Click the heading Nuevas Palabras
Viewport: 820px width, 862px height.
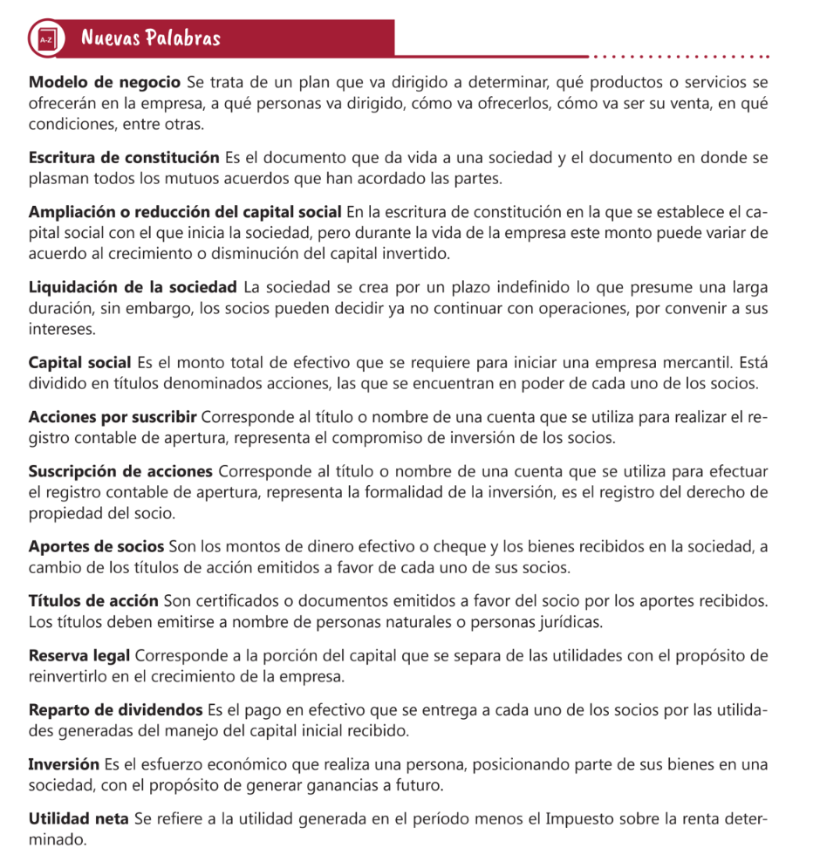[x=150, y=38]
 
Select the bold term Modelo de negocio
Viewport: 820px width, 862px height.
[x=104, y=84]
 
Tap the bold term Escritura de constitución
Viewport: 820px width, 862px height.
[x=124, y=158]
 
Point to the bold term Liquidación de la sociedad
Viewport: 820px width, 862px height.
[x=133, y=287]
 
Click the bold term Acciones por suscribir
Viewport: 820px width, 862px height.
[x=113, y=416]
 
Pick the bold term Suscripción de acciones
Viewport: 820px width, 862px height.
[x=120, y=472]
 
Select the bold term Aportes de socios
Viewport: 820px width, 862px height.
[x=96, y=547]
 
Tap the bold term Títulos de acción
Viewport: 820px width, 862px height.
[x=93, y=602]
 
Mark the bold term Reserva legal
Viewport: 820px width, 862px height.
[x=79, y=656]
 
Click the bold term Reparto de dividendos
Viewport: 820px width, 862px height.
[x=115, y=709]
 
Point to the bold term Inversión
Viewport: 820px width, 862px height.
[x=64, y=764]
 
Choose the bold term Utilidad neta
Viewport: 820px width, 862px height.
[x=79, y=820]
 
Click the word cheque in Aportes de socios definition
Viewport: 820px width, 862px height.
[x=453, y=547]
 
